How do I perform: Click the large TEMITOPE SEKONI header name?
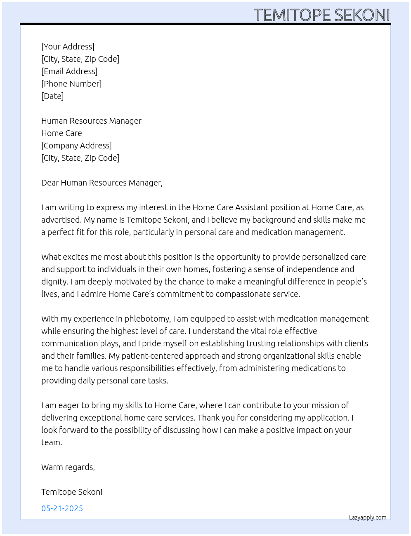pyautogui.click(x=321, y=15)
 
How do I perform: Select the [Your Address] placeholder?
pyautogui.click(x=68, y=47)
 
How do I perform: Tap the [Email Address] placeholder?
pyautogui.click(x=69, y=71)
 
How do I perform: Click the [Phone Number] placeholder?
pyautogui.click(x=71, y=84)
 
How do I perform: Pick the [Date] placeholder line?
pyautogui.click(x=52, y=96)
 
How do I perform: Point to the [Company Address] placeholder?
pyautogui.click(x=76, y=146)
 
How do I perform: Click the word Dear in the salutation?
pyautogui.click(x=50, y=183)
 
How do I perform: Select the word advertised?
pyautogui.click(x=60, y=220)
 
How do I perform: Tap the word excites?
pyautogui.click(x=76, y=257)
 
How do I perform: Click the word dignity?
pyautogui.click(x=54, y=282)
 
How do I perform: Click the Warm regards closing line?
pyautogui.click(x=68, y=467)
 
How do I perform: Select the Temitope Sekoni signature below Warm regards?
pyautogui.click(x=72, y=492)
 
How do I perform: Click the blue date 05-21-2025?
pyautogui.click(x=62, y=508)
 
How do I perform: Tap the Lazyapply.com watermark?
pyautogui.click(x=368, y=517)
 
